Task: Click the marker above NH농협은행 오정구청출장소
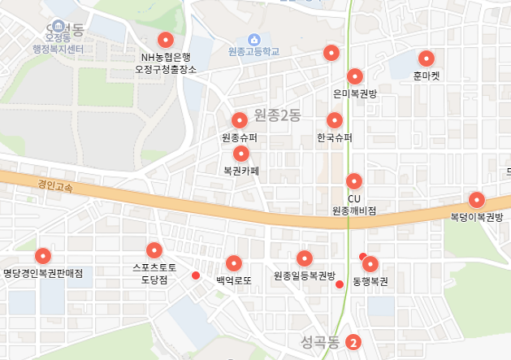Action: coord(166,40)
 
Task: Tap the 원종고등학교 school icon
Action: coord(253,39)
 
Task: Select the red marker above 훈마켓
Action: coord(426,59)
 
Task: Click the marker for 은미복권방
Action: coord(355,77)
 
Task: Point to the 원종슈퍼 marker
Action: coord(240,120)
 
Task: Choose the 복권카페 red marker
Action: coord(241,154)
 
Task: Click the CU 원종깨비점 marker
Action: coord(354,181)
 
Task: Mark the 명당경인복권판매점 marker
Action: coord(43,255)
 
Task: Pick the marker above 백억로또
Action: coord(235,263)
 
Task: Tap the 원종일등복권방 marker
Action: coord(305,258)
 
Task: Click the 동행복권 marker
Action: coord(371,264)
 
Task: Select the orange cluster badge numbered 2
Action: coord(353,342)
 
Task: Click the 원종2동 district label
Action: coord(277,115)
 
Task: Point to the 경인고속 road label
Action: coord(54,186)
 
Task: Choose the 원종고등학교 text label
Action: coord(253,52)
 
